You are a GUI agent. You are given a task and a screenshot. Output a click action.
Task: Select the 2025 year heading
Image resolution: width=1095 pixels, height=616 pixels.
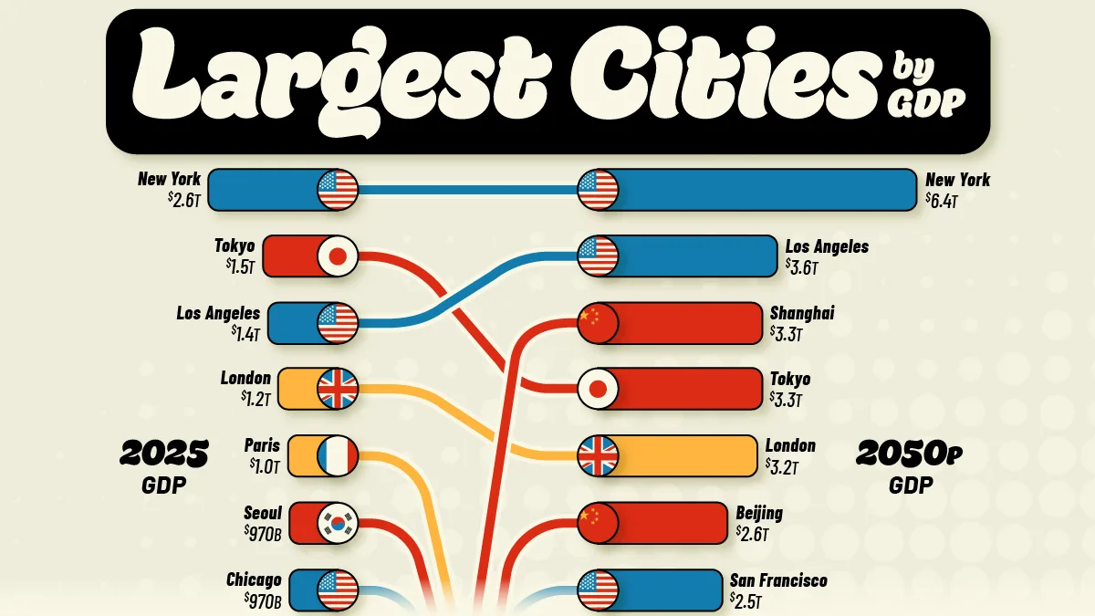[164, 454]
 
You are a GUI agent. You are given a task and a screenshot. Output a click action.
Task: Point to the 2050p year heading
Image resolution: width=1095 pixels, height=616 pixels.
[909, 454]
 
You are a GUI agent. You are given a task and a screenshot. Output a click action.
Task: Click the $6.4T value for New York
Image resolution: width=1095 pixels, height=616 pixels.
[941, 201]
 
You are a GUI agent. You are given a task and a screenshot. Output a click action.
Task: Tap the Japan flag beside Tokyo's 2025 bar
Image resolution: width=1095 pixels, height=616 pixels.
[338, 256]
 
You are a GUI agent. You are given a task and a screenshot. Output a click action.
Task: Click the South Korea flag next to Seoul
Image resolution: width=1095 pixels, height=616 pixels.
[338, 523]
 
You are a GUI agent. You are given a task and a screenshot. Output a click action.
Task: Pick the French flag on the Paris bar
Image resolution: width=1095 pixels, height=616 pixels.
[338, 455]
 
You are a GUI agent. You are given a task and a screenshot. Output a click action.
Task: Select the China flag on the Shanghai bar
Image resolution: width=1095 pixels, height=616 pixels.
[598, 323]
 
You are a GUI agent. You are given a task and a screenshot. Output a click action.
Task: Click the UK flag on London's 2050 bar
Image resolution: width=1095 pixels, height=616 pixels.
[598, 455]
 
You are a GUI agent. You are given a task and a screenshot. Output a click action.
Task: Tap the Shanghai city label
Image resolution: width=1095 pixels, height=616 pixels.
[802, 313]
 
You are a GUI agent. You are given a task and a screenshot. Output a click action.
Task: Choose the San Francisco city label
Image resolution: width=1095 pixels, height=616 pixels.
[778, 580]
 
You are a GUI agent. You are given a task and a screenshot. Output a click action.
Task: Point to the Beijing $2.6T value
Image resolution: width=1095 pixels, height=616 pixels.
[752, 534]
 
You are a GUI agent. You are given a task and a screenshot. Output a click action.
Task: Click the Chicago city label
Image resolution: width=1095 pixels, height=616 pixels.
[254, 579]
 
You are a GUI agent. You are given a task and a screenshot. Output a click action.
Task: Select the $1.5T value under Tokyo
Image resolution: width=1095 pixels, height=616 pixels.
[240, 266]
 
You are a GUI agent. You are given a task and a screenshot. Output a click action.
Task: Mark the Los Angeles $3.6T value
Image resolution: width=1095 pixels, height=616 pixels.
[802, 267]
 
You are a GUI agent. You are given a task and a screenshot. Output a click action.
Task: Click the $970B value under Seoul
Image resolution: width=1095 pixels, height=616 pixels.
[263, 534]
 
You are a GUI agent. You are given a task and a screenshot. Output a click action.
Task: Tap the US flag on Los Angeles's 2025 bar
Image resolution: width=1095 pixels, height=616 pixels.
[338, 323]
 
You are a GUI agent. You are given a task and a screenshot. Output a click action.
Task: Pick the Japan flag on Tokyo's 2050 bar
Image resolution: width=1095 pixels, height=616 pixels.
[598, 389]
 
